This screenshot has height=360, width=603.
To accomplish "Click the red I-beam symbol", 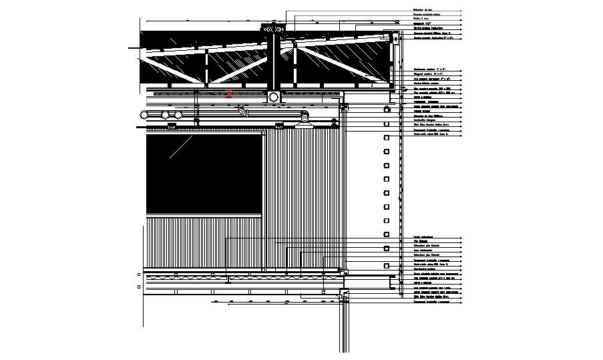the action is click(x=229, y=94).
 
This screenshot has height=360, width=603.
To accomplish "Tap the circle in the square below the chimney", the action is click(x=274, y=98).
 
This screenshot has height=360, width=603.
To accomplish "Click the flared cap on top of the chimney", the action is click(x=274, y=27).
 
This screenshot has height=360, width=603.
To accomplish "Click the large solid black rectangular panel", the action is click(x=204, y=174).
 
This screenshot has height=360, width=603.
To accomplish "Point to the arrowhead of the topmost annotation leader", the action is click(x=461, y=11).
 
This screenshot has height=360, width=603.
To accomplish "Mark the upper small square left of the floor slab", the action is click(x=138, y=274).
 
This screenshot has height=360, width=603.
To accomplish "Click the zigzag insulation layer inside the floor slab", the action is click(x=240, y=275).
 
